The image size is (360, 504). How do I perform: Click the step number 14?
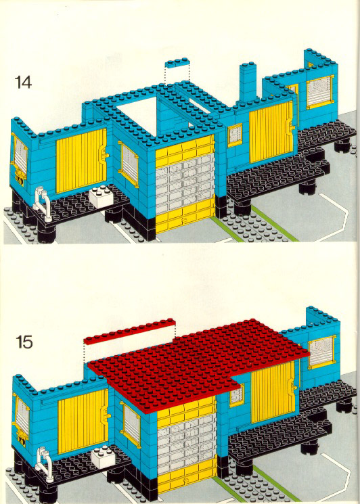click(x=23, y=83)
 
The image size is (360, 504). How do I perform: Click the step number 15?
click(x=24, y=342)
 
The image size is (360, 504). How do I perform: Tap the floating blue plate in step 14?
click(x=177, y=62)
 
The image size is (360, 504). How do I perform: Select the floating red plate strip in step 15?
click(x=129, y=331)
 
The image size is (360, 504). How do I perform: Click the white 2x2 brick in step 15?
click(x=103, y=455)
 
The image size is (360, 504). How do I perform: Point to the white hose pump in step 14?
click(x=42, y=204)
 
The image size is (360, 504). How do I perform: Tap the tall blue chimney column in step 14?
click(x=248, y=82)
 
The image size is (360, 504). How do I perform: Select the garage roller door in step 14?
click(x=185, y=184)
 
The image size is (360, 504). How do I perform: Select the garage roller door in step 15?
click(x=187, y=446)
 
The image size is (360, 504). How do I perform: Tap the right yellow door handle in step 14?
click(x=291, y=124)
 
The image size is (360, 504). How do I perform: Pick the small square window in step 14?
click(x=235, y=135)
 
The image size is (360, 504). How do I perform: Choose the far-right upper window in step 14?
click(x=320, y=91)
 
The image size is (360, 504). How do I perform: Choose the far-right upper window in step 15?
click(x=321, y=352)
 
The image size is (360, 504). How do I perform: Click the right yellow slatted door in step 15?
click(x=273, y=392)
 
